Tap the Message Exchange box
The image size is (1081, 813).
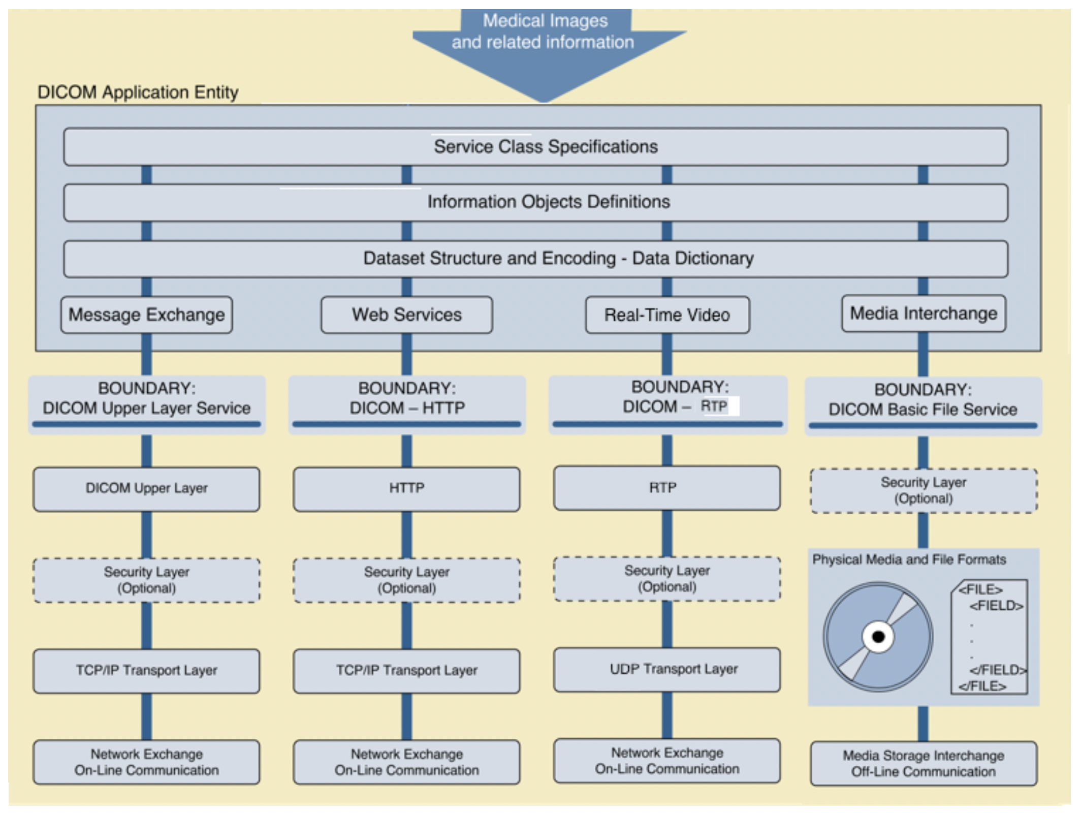coord(147,315)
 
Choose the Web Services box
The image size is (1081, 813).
coord(406,315)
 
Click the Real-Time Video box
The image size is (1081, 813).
coord(667,316)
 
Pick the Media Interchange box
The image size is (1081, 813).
coord(923,314)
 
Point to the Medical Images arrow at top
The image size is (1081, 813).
coord(544,46)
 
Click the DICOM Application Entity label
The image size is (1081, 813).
coord(138,92)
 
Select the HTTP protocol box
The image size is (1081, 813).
coord(406,489)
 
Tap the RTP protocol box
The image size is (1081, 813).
coord(666,488)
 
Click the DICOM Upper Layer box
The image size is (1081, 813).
coord(146,489)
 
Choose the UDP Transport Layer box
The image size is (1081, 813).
coord(666,670)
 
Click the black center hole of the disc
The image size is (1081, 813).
coord(878,637)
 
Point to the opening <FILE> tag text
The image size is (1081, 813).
coord(980,590)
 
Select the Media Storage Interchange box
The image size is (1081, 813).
coord(923,763)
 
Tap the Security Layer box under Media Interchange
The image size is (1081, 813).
coord(923,490)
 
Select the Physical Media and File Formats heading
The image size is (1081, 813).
coord(909,559)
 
